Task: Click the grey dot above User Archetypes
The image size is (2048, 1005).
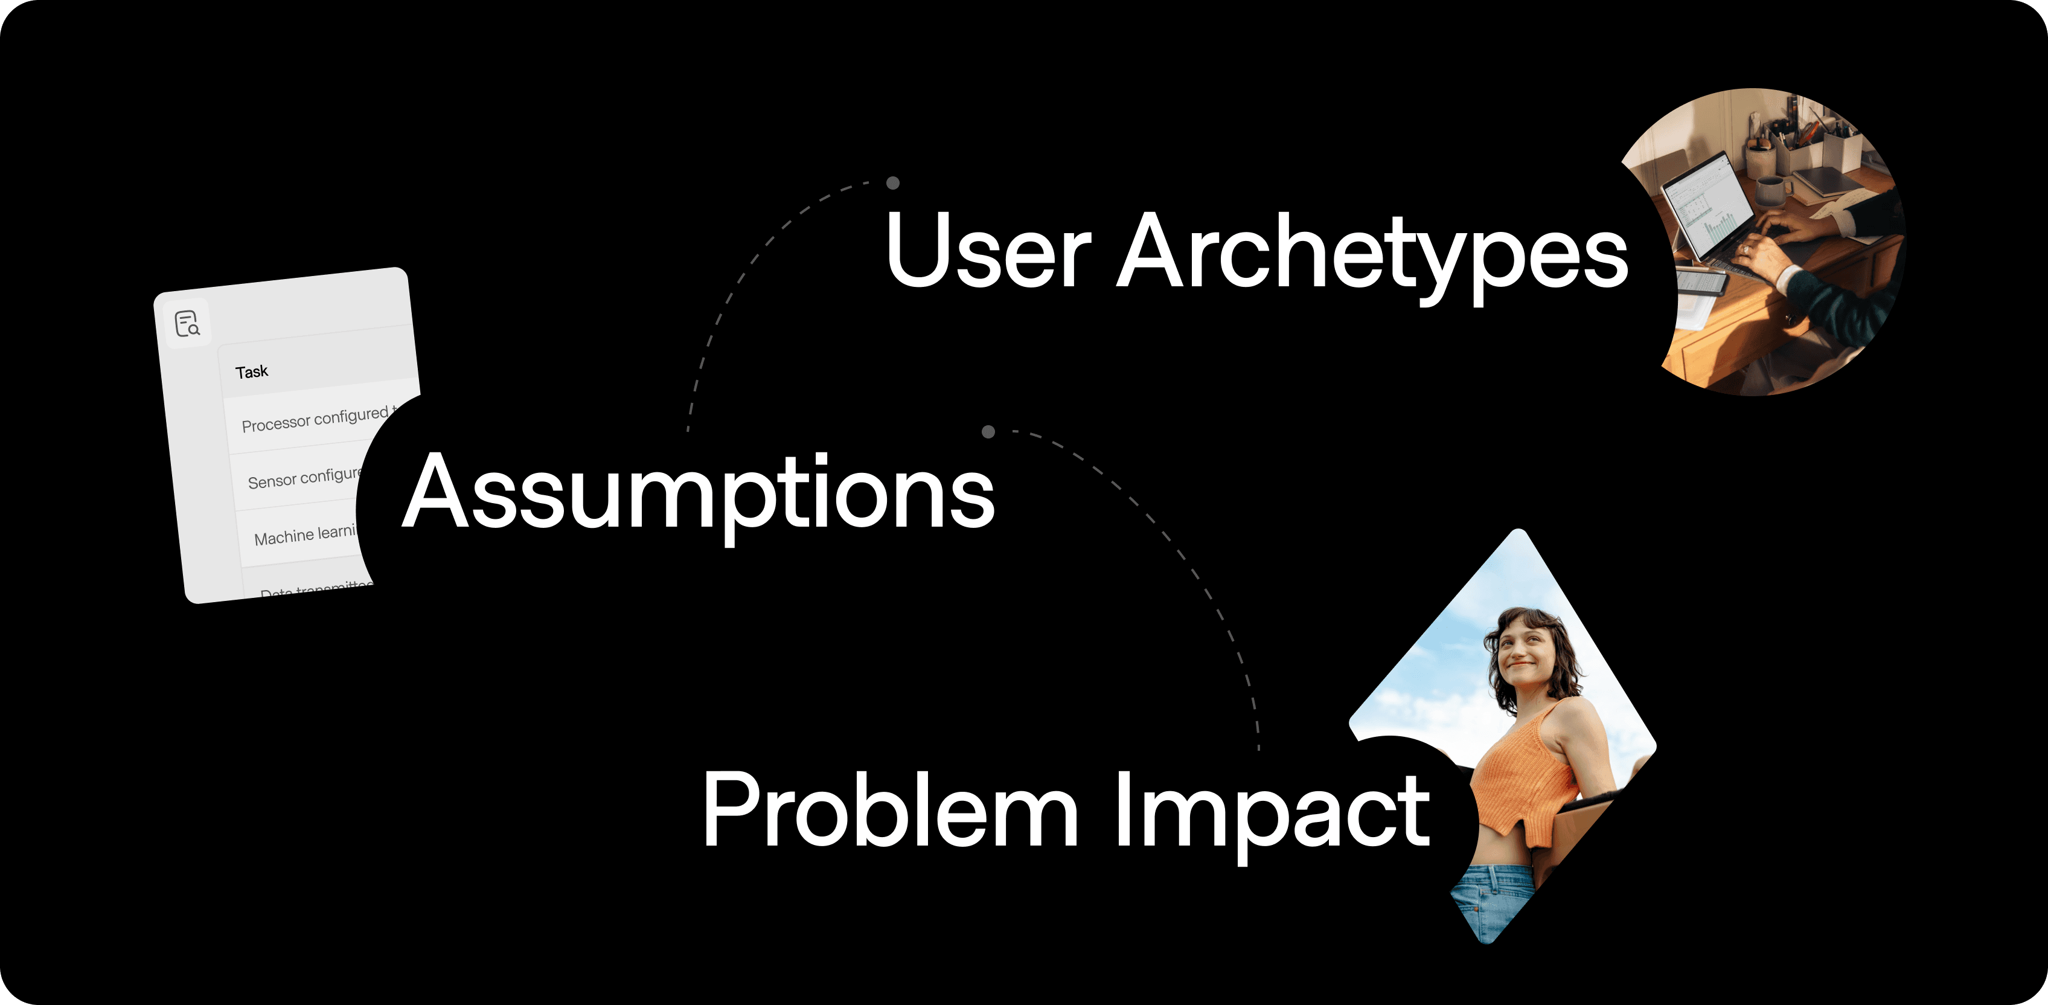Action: point(893,183)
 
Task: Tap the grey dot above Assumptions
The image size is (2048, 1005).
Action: point(988,432)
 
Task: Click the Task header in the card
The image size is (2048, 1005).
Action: point(251,371)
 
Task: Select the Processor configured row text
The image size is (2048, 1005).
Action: point(315,419)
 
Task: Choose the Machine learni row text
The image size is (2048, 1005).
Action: point(304,535)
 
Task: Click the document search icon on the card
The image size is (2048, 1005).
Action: point(187,324)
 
